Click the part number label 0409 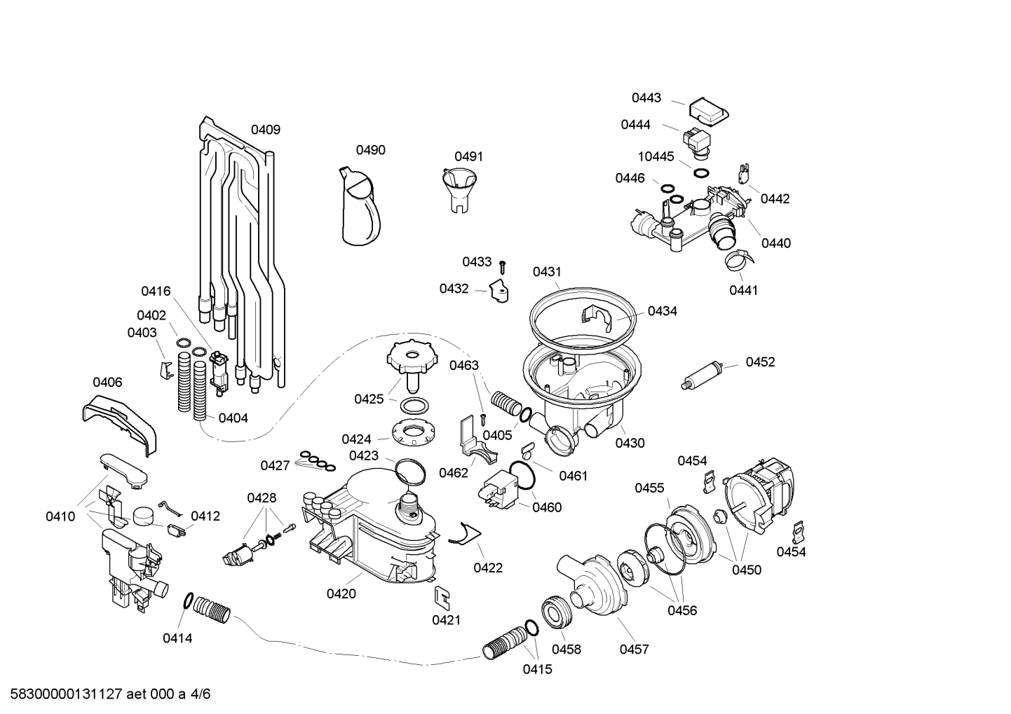tap(266, 129)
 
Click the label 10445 tap(656, 156)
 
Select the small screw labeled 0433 tap(503, 267)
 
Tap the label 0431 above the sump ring tap(547, 271)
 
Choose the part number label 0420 tap(341, 593)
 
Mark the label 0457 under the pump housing tap(634, 650)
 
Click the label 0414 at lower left tap(177, 638)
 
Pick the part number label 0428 tap(262, 497)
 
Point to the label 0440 tap(775, 243)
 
